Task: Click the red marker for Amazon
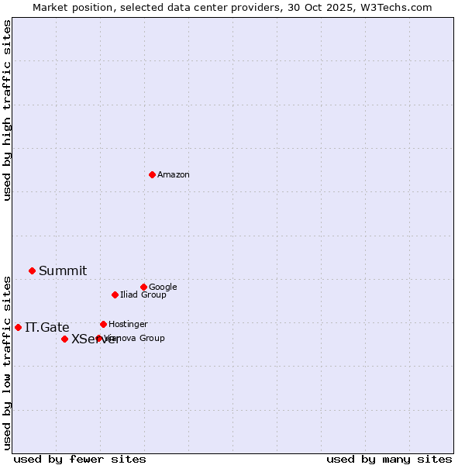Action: click(152, 174)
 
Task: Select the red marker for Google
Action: click(143, 287)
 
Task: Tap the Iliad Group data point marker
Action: click(115, 294)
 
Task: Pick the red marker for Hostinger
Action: click(103, 324)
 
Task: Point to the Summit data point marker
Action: click(32, 270)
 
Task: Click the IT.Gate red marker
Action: click(18, 327)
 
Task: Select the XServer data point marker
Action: click(64, 339)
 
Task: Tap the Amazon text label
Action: click(174, 175)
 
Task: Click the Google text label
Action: click(163, 287)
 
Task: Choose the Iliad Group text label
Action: click(143, 295)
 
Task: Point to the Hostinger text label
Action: click(128, 324)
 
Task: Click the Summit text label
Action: click(63, 270)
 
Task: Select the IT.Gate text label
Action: click(46, 327)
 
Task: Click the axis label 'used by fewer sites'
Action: click(80, 459)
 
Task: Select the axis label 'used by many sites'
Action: click(389, 459)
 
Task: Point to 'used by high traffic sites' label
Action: click(8, 110)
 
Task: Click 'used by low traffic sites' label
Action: click(8, 362)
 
